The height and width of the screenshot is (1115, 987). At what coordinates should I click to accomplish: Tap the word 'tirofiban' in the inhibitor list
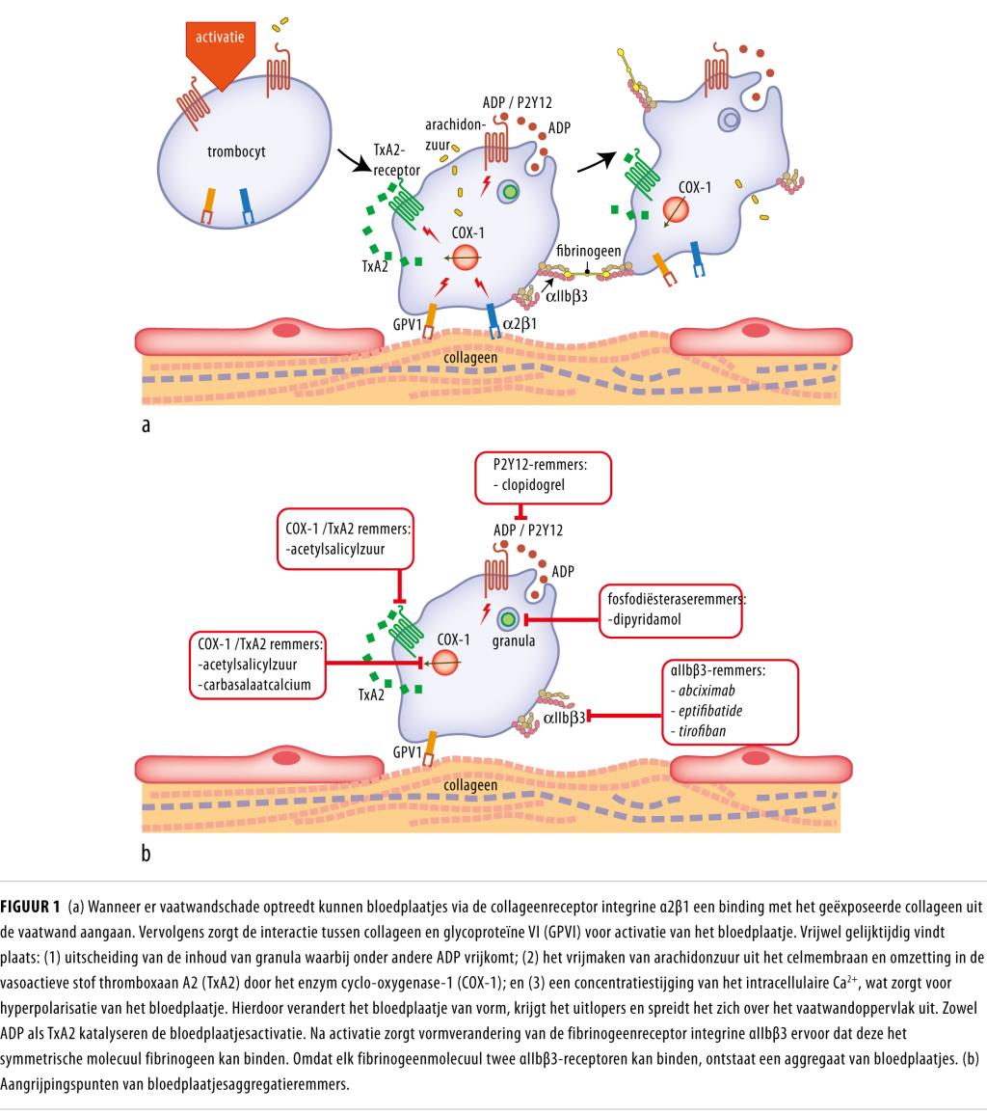700,732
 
